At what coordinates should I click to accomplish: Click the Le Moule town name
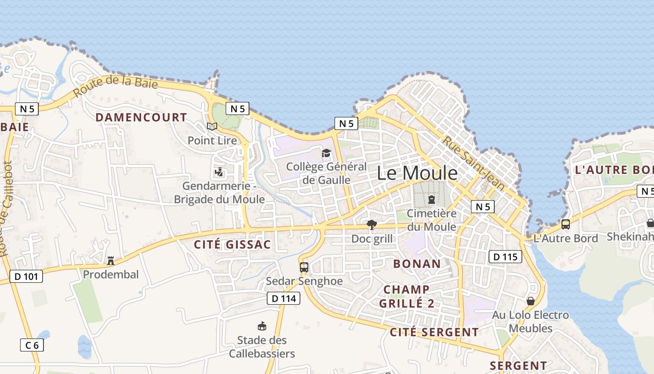click(x=417, y=173)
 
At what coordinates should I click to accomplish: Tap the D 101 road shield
click(x=26, y=276)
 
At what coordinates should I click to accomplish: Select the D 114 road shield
click(x=284, y=298)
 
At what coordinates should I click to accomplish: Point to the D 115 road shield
click(x=505, y=256)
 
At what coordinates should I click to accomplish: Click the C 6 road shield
click(x=32, y=345)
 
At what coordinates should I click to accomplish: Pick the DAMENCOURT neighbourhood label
click(x=141, y=117)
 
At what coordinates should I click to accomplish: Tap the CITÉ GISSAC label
click(x=232, y=245)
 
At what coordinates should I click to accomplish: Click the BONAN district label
click(x=417, y=264)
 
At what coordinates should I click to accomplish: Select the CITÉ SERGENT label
click(x=434, y=332)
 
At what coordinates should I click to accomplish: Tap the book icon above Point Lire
click(x=212, y=126)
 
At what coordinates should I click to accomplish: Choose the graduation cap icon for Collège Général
click(x=326, y=153)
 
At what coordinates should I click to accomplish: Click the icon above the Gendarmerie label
click(x=219, y=173)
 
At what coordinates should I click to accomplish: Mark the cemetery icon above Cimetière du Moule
click(x=431, y=200)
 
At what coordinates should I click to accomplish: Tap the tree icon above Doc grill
click(x=372, y=225)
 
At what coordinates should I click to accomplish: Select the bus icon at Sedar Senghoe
click(x=304, y=267)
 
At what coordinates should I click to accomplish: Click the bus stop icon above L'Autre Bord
click(x=566, y=224)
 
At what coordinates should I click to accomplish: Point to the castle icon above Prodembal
click(x=111, y=260)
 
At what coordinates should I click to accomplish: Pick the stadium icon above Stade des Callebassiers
click(x=262, y=326)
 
